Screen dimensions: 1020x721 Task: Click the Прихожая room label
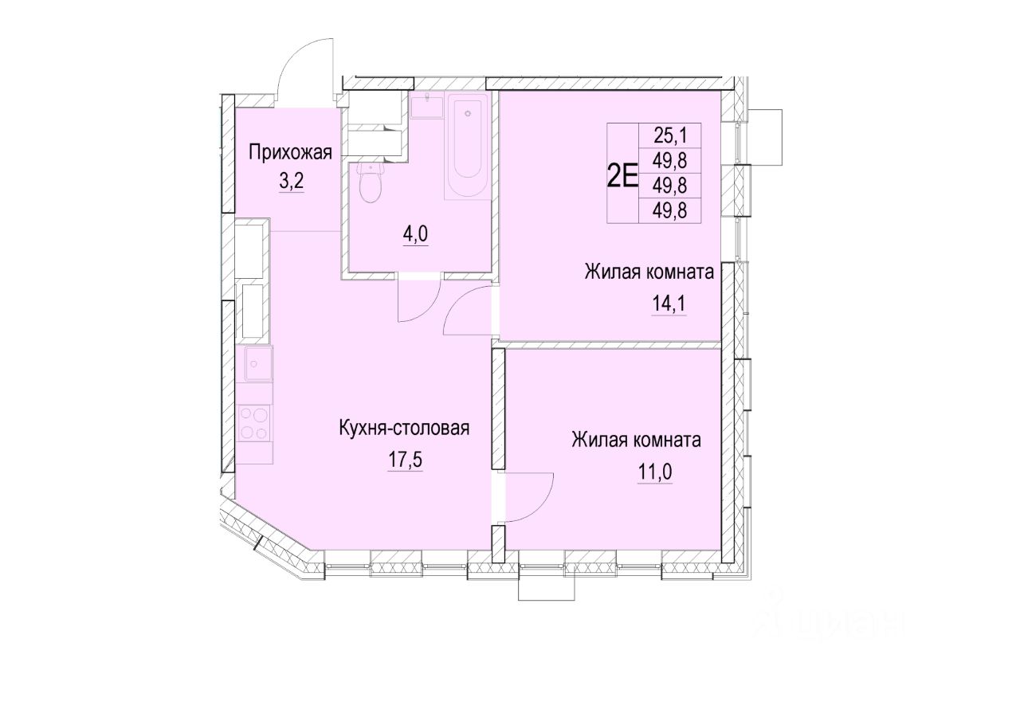point(290,153)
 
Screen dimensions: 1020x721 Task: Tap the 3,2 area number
point(291,182)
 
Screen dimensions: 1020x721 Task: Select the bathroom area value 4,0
point(415,235)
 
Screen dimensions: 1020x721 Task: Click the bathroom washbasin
point(426,106)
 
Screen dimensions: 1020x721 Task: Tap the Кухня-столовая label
point(404,429)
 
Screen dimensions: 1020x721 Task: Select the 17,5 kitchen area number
point(405,460)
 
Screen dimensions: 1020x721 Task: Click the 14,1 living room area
point(669,304)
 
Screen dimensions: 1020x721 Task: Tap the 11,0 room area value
point(655,472)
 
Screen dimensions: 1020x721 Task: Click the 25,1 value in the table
point(670,135)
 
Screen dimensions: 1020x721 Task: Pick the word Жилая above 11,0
point(594,441)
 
